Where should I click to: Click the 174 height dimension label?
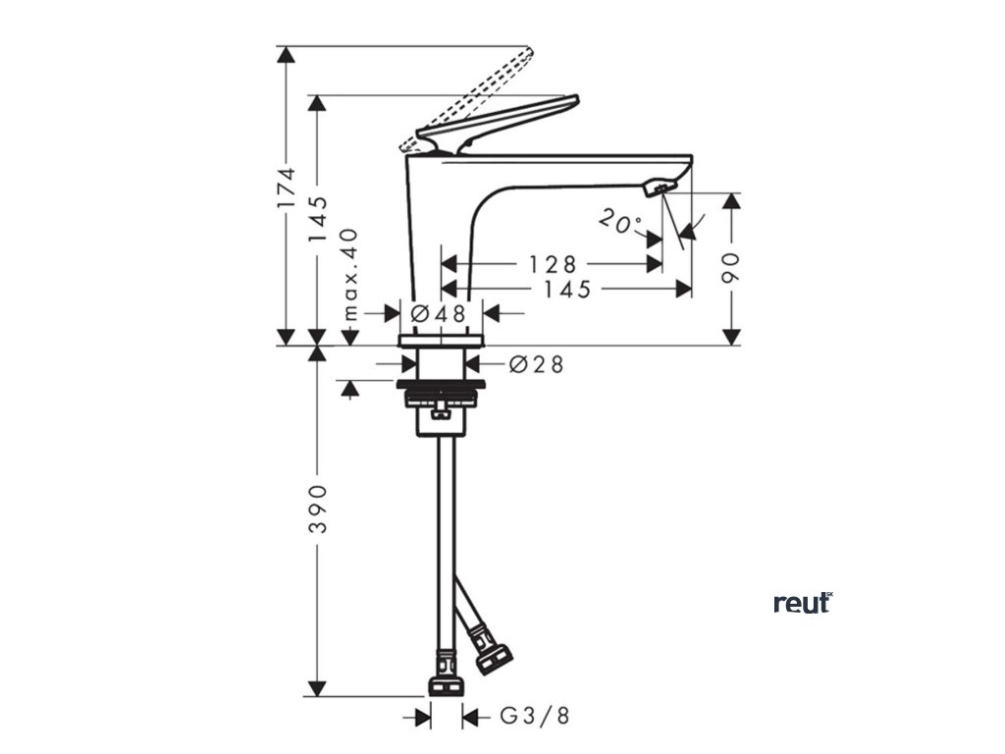pos(286,187)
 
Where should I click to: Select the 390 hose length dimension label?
pos(316,509)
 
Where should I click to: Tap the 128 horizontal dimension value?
pos(553,264)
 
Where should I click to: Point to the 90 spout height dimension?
pos(729,267)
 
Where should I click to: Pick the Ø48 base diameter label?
pos(438,313)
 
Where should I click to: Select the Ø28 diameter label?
pos(537,364)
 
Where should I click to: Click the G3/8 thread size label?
pos(534,717)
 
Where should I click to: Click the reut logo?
pos(803,602)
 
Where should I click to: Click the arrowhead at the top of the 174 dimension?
pos(286,55)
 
